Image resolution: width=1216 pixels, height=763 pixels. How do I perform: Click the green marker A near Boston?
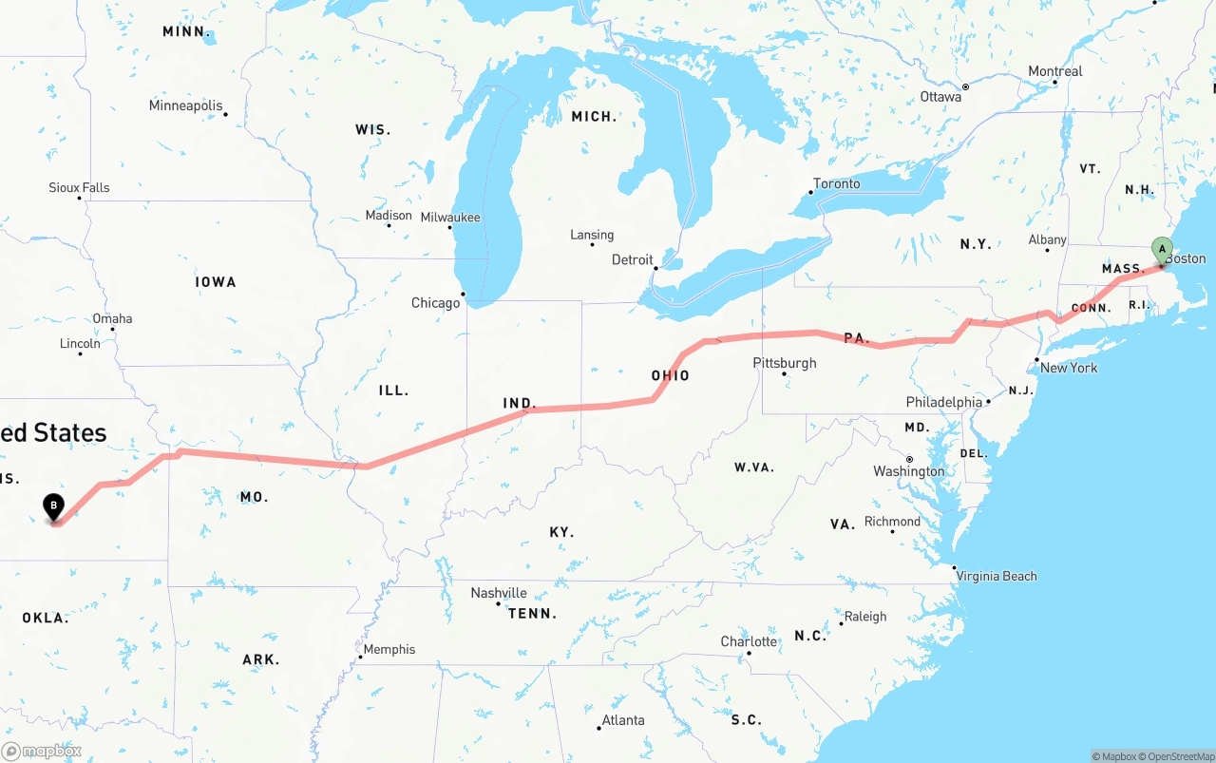coord(1161,249)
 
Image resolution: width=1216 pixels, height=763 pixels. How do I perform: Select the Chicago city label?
coord(435,303)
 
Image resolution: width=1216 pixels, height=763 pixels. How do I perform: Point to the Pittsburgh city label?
coord(784,363)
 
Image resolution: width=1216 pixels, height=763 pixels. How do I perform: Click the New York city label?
coord(1069,368)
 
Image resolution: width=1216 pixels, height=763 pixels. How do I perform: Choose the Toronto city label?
coord(836,183)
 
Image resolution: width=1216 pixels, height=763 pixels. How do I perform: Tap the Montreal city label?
coord(1054,71)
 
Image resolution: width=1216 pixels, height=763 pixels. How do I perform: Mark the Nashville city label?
coord(499,593)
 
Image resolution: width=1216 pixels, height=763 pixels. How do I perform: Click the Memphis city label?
coord(389,649)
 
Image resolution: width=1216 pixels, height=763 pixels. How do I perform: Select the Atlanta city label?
coord(623,720)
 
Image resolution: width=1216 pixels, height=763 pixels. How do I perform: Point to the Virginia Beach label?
coord(997,576)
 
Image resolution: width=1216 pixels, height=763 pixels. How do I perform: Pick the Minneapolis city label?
coord(185,105)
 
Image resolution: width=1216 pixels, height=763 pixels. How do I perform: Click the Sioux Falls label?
coord(79,187)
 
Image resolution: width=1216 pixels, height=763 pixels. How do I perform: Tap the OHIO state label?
coord(670,375)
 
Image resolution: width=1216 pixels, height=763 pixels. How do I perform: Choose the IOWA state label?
coord(216,282)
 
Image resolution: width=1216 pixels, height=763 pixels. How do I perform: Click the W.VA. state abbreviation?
coord(753,467)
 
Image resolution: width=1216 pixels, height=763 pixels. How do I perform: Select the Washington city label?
coord(909,471)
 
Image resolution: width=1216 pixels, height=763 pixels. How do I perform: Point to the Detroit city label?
coord(632,259)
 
